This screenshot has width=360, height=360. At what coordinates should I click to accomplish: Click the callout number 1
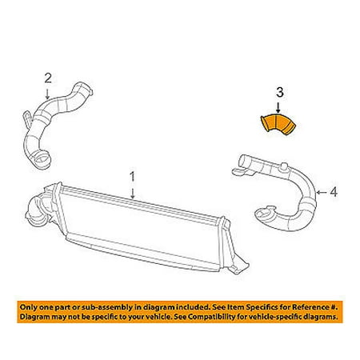tap(133, 177)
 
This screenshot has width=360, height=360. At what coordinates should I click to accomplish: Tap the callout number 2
tap(48, 78)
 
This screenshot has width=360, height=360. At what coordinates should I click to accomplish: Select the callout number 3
tap(280, 92)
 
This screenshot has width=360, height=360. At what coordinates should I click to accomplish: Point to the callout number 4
tap(334, 192)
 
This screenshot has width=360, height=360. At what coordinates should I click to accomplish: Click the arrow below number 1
tap(133, 192)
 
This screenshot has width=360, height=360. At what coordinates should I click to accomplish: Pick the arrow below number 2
tap(47, 94)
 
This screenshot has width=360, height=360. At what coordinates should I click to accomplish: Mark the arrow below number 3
tap(278, 108)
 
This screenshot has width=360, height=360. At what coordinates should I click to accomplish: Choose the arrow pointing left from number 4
tap(322, 192)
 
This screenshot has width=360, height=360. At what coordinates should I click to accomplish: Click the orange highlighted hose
tap(278, 123)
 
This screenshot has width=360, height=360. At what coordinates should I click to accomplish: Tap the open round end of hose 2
tap(42, 159)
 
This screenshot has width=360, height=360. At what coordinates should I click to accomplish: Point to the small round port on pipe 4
tap(283, 167)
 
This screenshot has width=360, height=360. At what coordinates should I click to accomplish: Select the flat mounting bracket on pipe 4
tap(242, 172)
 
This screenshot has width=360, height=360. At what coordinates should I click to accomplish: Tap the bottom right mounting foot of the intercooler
tap(239, 267)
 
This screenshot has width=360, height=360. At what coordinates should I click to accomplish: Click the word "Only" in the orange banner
tap(29, 307)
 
